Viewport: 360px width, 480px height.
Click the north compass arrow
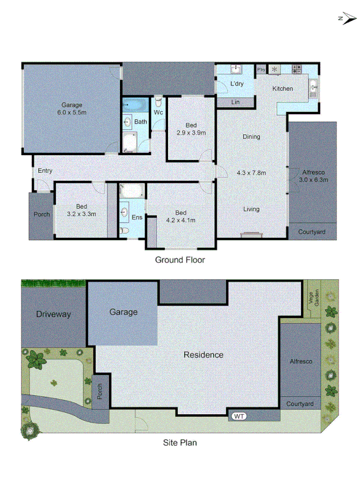coord(348,19)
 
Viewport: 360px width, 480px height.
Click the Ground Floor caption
coord(180,260)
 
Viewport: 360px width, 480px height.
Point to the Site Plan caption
coord(180,442)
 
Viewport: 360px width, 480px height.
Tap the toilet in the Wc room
coord(158,101)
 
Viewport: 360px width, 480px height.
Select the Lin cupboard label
coord(235,102)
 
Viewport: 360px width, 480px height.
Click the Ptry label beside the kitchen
coord(261,70)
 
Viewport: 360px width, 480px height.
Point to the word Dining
coord(251,137)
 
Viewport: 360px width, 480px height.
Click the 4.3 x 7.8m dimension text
coord(251,172)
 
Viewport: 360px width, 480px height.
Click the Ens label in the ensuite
coord(137,217)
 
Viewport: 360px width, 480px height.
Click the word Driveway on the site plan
coord(53,314)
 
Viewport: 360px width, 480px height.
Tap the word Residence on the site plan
coord(203,355)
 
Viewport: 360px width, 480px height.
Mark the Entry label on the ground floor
coord(45,171)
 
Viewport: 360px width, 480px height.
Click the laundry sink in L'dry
coord(236,70)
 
